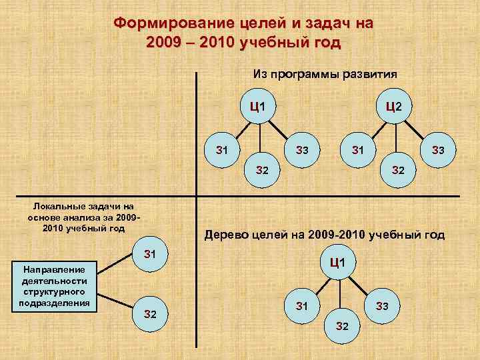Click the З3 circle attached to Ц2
438,150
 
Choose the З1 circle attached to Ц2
358,150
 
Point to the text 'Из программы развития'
326,74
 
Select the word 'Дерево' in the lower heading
225,235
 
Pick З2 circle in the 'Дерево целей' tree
342,325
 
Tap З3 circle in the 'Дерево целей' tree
382,306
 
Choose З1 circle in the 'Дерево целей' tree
302,306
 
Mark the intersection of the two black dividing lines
196,196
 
